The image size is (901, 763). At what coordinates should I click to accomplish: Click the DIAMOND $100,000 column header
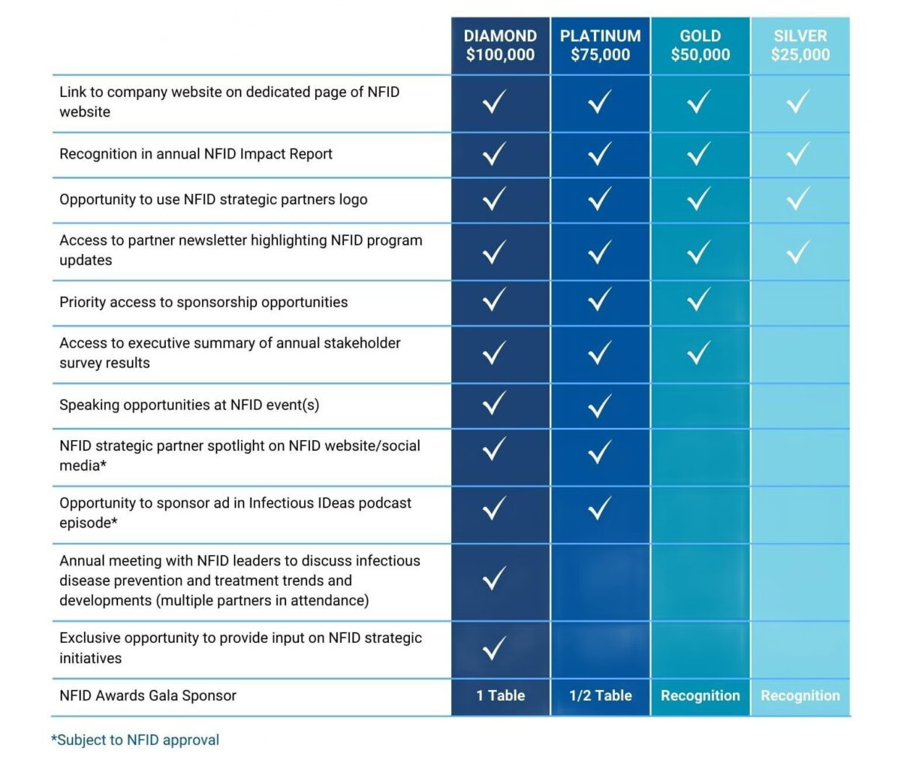[500, 45]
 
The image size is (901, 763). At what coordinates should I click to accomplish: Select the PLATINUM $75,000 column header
[600, 45]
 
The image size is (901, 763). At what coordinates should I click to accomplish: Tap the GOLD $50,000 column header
[700, 45]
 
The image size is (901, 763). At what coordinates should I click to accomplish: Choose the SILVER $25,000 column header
[800, 45]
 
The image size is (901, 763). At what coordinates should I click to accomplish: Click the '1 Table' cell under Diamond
[500, 695]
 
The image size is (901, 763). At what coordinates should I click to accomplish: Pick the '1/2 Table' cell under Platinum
[600, 695]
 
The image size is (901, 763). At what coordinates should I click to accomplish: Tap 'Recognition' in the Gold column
[700, 695]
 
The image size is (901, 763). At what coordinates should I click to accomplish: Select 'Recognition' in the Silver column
[800, 695]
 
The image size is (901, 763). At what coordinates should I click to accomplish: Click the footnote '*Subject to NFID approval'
[135, 740]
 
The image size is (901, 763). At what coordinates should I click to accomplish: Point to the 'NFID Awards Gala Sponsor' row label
[148, 695]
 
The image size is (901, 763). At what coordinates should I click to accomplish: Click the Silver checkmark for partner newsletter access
[797, 252]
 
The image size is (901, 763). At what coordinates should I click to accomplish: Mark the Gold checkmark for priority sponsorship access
[698, 300]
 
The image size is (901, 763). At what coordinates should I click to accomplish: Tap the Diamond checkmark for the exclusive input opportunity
[493, 647]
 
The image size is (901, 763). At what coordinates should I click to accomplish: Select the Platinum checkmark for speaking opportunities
[599, 406]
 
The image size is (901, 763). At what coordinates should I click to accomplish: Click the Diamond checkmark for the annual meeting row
[493, 578]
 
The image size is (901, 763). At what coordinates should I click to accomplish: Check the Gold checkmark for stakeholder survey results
[698, 352]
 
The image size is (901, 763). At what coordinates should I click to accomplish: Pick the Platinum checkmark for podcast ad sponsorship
[599, 508]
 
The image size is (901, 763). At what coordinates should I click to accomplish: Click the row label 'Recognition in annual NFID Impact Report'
[196, 154]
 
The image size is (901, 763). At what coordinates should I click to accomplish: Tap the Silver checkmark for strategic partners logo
[797, 199]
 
